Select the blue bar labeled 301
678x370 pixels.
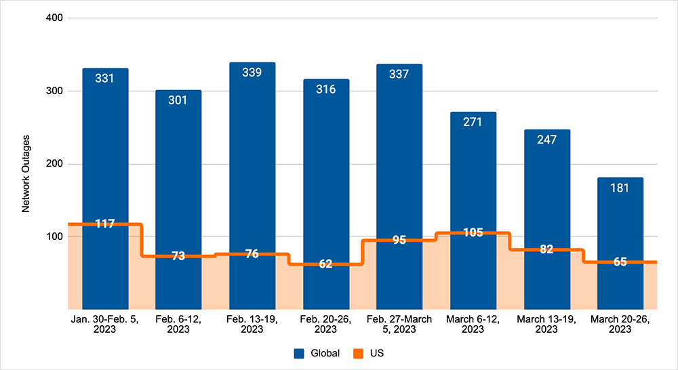tap(178, 169)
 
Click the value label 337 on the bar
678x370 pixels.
tap(399, 74)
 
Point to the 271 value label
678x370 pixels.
tap(473, 122)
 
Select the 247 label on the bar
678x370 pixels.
tap(546, 140)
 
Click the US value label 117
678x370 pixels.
tap(105, 224)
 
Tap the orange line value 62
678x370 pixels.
tap(325, 264)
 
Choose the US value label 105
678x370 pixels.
tap(473, 233)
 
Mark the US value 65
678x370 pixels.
tap(620, 262)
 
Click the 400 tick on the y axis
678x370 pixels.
tap(54, 18)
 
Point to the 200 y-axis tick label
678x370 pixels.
tap(54, 164)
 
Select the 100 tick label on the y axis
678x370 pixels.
tap(54, 237)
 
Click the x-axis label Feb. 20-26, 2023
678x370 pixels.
tap(325, 325)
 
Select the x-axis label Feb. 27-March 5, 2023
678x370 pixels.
tap(399, 325)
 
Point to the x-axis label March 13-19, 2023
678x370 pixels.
tap(546, 325)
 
